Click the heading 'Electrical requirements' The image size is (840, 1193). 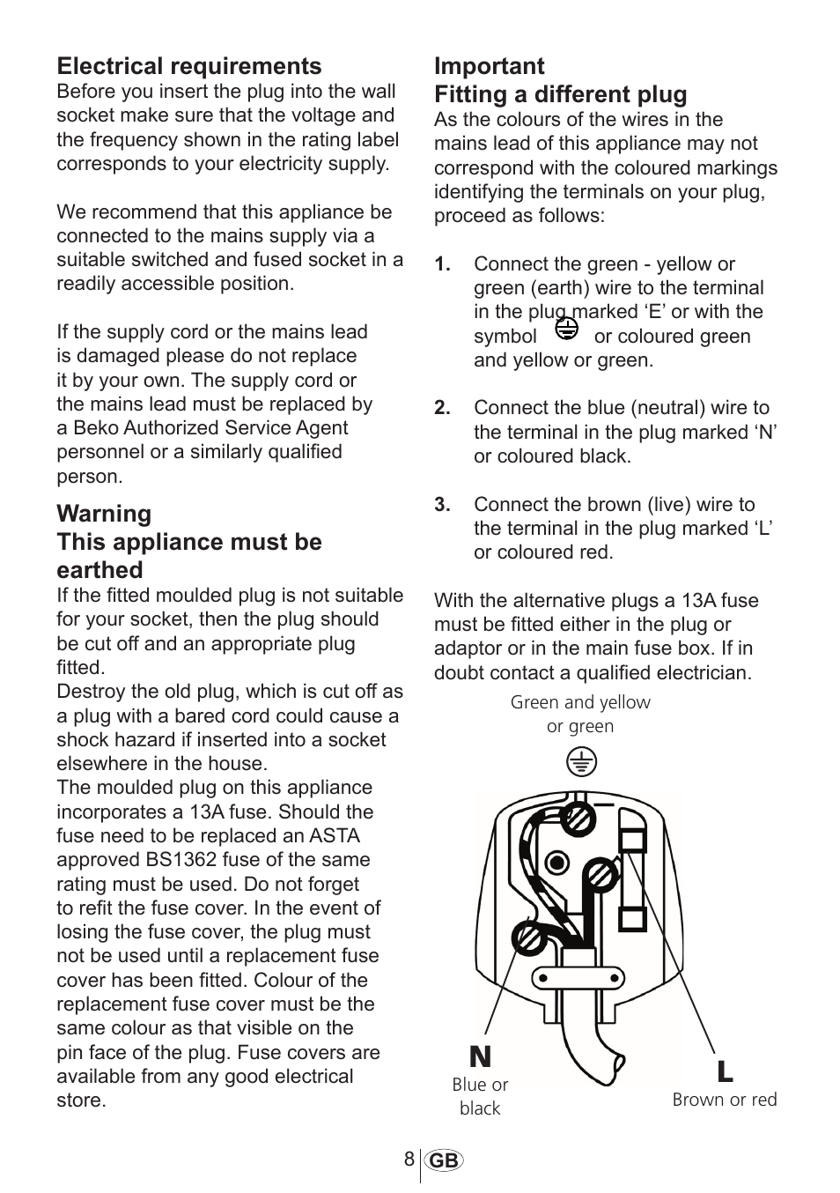tap(189, 66)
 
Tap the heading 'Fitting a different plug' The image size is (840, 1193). tap(560, 94)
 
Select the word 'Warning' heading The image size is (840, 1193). tap(104, 514)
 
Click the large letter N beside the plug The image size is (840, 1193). tap(480, 1056)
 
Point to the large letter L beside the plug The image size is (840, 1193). tap(724, 1072)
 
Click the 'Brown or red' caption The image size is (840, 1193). tap(724, 1100)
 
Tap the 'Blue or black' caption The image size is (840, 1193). tap(480, 1096)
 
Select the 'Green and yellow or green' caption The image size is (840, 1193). tap(580, 715)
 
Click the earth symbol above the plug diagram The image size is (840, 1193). tap(581, 761)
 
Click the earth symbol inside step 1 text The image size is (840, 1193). tap(567, 330)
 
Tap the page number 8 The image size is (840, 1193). tap(409, 1160)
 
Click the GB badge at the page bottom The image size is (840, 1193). tap(445, 1161)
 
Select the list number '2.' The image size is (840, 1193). tap(442, 408)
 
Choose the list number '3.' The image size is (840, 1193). tap(442, 505)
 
